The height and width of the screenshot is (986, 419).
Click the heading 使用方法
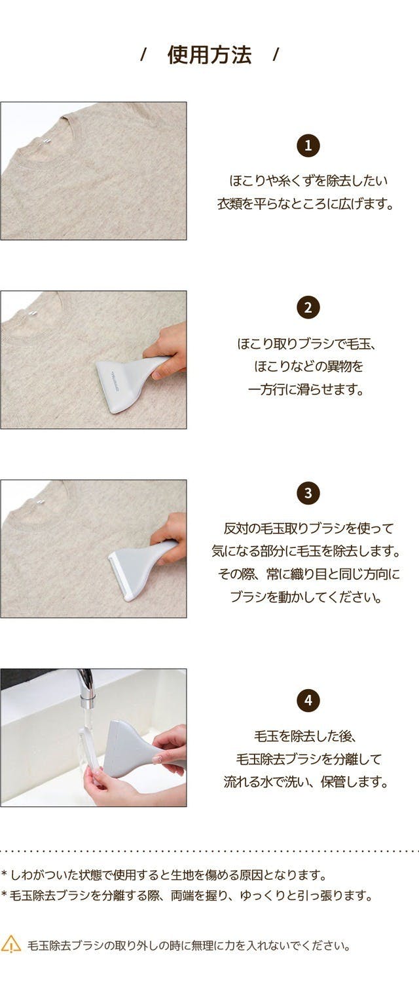click(x=209, y=56)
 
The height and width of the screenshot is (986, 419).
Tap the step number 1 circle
click(x=308, y=146)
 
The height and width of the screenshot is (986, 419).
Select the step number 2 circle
click(x=308, y=307)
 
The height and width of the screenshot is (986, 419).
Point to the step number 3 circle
click(x=308, y=492)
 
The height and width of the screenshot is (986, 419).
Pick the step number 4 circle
click(x=308, y=700)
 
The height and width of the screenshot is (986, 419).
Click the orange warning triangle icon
click(x=11, y=944)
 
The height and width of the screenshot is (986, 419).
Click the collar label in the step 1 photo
click(x=45, y=142)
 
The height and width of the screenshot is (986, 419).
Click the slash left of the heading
click(x=143, y=56)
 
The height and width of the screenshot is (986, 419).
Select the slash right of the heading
click(x=276, y=56)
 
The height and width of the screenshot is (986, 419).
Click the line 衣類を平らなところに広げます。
click(x=306, y=204)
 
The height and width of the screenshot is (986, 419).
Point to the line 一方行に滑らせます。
click(x=306, y=389)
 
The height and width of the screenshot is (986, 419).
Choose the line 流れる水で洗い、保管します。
click(x=306, y=781)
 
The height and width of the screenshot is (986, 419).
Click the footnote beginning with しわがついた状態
click(x=164, y=875)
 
